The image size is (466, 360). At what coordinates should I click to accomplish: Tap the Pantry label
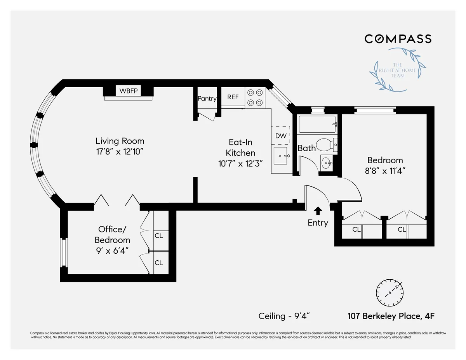[x=207, y=99]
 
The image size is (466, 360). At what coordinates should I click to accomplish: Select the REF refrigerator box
[x=233, y=97]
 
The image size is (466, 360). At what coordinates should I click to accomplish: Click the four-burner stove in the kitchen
[x=255, y=97]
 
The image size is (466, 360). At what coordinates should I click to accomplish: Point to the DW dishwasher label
[x=281, y=136]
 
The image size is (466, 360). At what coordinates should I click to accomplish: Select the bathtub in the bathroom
[x=317, y=125]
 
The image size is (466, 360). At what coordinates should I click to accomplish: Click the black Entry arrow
[x=318, y=211]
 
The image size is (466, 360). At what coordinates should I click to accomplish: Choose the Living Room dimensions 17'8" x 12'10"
[x=120, y=151]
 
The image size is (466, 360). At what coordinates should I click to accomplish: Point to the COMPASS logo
[x=398, y=39]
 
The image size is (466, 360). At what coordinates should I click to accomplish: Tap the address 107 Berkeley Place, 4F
[x=391, y=316]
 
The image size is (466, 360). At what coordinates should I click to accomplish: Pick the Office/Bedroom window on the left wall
[x=64, y=253]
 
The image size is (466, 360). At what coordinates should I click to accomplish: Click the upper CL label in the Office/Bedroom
[x=159, y=235]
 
